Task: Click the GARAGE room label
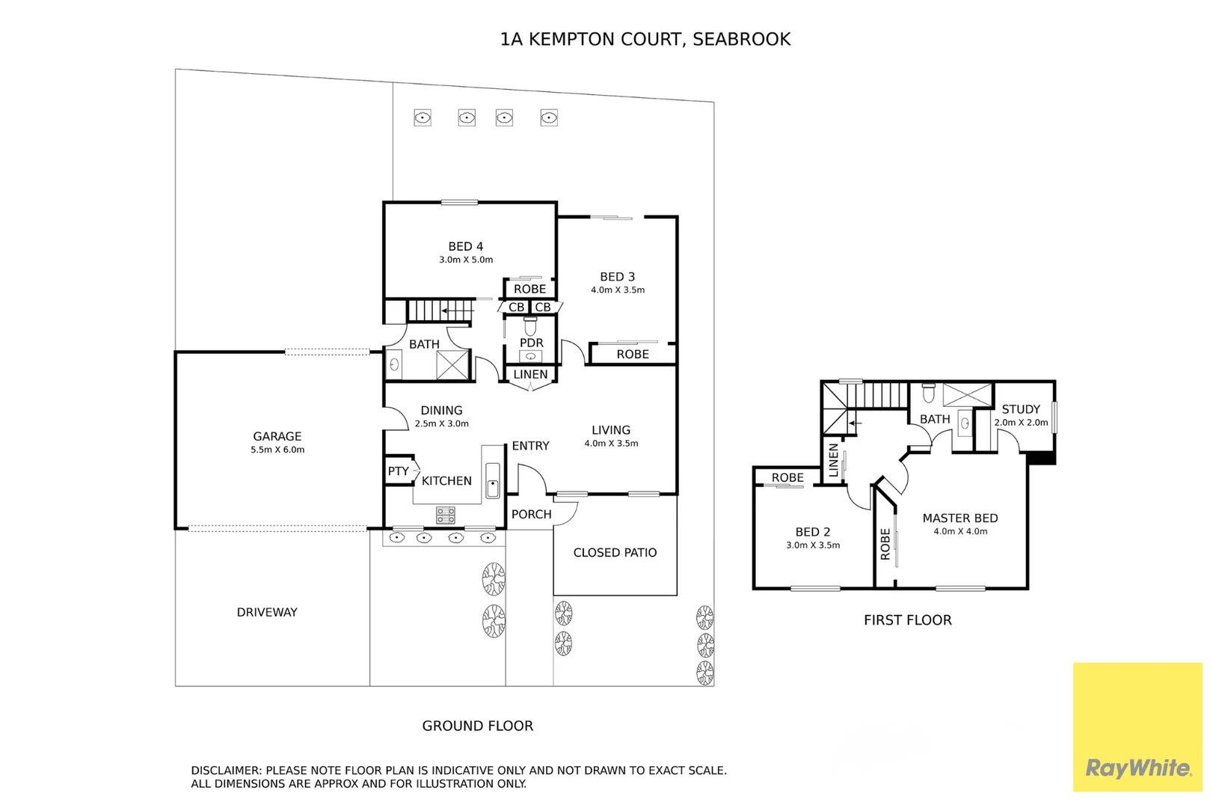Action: click(277, 436)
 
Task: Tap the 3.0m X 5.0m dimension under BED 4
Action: click(466, 260)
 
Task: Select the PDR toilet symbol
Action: click(530, 327)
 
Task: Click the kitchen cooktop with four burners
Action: click(446, 515)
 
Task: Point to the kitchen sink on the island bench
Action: click(493, 480)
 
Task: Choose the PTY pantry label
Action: click(398, 471)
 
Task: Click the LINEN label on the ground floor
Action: click(530, 374)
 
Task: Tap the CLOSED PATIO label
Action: click(615, 552)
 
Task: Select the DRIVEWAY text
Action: click(267, 612)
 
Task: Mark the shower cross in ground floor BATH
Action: click(452, 365)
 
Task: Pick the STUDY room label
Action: click(1021, 409)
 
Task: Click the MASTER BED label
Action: click(959, 518)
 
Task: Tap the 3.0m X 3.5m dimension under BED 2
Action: click(813, 545)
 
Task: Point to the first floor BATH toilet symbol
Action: click(929, 393)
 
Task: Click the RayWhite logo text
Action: click(1137, 768)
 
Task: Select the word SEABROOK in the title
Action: click(741, 39)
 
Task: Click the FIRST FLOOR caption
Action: click(907, 619)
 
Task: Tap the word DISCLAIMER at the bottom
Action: click(225, 770)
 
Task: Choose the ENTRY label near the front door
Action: click(530, 445)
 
